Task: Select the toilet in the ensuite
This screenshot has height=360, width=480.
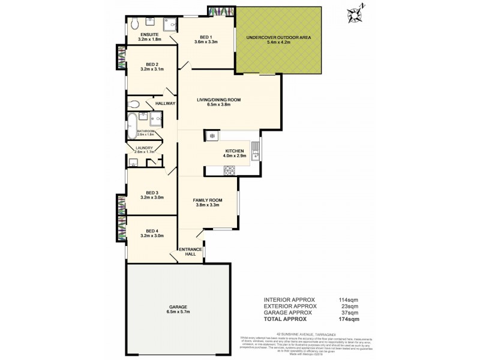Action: (134, 24)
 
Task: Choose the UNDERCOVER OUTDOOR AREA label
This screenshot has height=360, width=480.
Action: (278, 37)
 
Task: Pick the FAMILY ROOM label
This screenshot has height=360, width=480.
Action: (208, 200)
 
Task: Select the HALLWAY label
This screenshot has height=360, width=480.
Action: (165, 103)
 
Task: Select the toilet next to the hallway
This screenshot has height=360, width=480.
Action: (135, 103)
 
